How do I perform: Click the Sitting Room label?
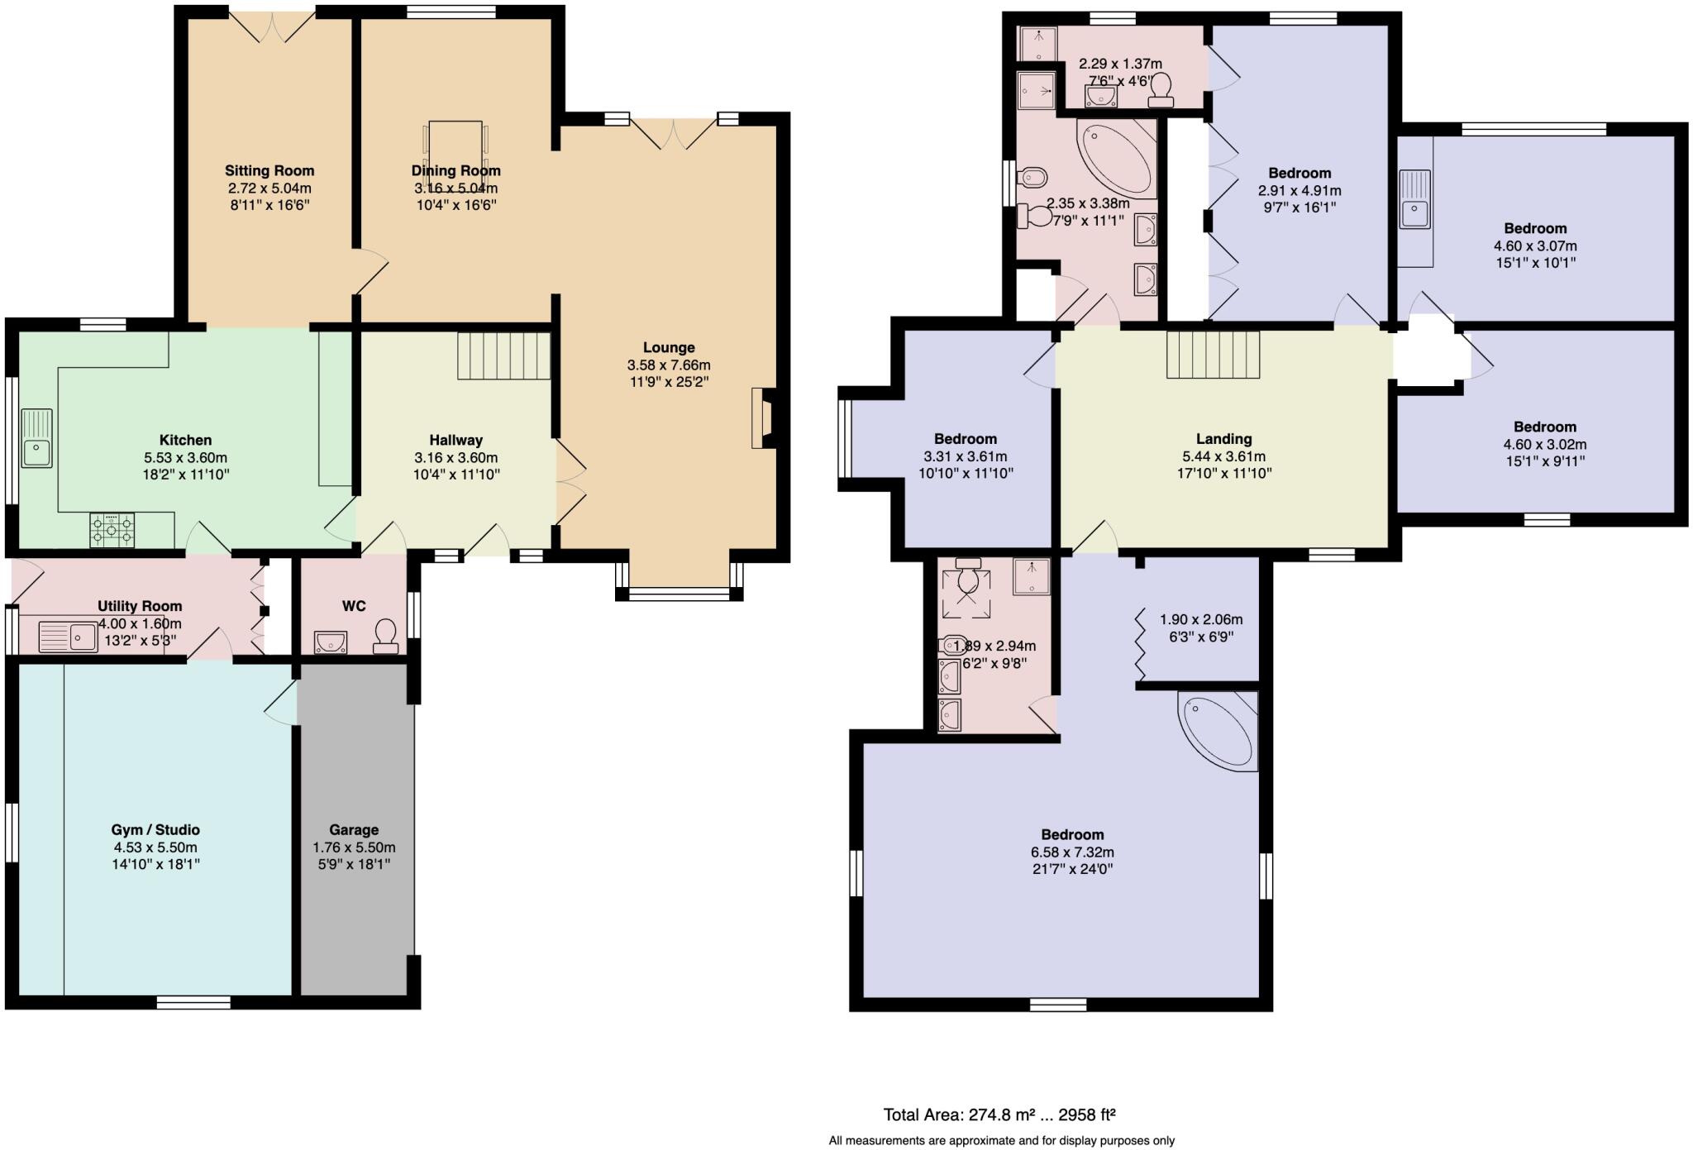[269, 171]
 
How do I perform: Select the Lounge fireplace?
[762, 418]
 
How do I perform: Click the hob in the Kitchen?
[112, 531]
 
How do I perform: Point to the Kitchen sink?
[37, 438]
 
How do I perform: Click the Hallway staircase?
[503, 355]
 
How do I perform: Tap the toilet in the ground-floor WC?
[385, 637]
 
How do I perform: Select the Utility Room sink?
[69, 637]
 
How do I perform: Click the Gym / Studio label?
[155, 830]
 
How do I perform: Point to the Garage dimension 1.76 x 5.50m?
[354, 847]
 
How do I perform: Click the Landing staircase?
[1213, 355]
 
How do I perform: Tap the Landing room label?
[1223, 439]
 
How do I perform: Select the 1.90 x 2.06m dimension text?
[1201, 619]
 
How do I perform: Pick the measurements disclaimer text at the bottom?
[1002, 1141]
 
